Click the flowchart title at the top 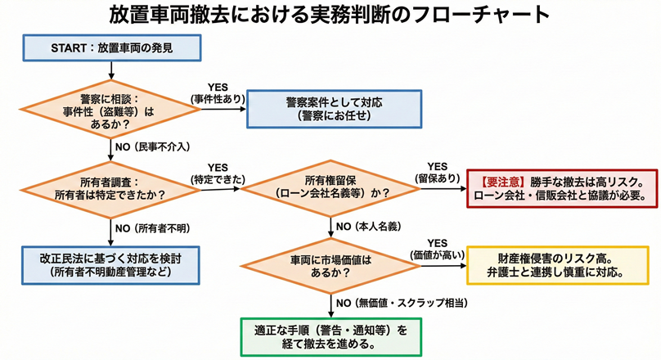click(x=330, y=16)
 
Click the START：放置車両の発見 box click(x=113, y=49)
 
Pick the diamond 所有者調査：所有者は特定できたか click(x=111, y=189)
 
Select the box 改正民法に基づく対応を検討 click(x=111, y=263)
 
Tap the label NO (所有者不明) click(x=153, y=227)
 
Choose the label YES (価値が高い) click(x=437, y=248)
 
